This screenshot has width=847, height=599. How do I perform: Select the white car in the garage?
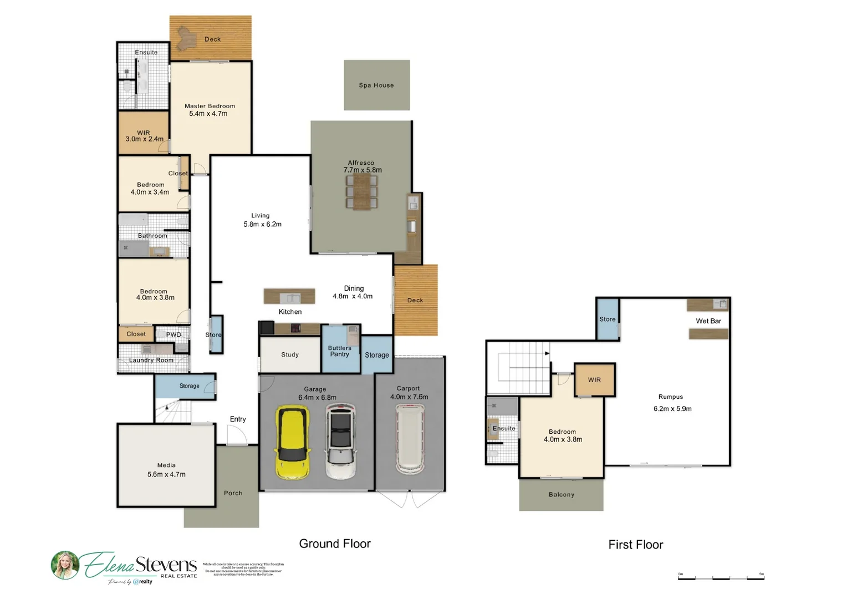point(340,440)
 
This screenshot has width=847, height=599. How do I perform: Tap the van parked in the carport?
point(410,439)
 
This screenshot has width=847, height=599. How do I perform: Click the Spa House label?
point(376,85)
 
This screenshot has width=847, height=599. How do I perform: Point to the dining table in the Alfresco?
point(361,192)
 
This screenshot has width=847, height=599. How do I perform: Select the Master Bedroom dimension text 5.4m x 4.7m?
point(208,114)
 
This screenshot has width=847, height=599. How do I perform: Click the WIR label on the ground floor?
point(144,133)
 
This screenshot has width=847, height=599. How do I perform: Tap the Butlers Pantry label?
point(340,351)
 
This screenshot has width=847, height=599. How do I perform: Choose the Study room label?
point(290,354)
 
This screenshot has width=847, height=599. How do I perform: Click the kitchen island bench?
point(289,296)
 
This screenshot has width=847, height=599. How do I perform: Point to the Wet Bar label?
point(708,321)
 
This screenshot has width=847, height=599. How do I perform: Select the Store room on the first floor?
point(608,319)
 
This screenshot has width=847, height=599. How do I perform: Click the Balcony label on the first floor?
point(562,495)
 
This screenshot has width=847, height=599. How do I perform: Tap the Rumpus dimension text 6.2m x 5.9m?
point(672,409)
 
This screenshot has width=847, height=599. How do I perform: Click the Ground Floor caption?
point(335,544)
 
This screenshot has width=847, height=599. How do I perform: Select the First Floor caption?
point(636,545)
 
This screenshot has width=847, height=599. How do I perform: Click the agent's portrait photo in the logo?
point(65,565)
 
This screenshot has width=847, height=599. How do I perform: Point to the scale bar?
point(721,578)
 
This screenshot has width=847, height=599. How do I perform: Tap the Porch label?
point(233,493)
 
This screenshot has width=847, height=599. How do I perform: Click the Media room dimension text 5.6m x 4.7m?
point(166,475)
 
